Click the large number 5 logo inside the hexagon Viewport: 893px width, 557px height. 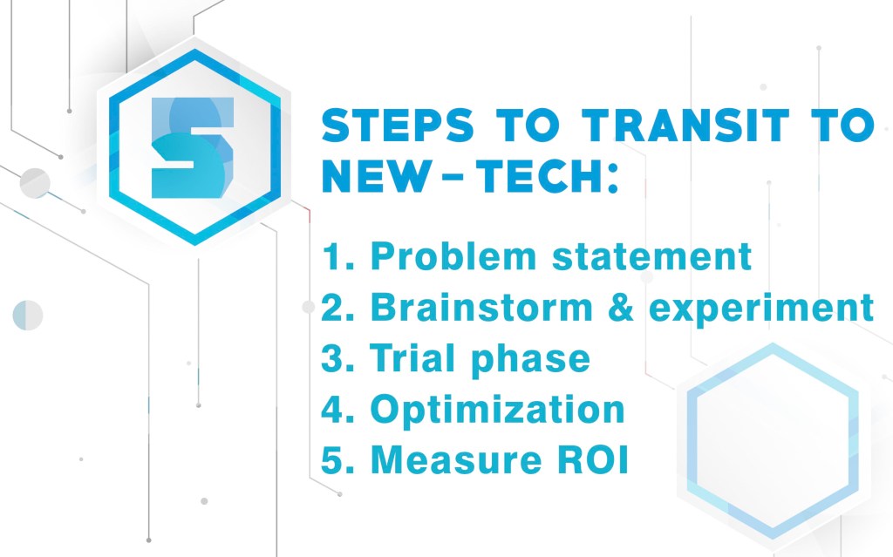pos(193,147)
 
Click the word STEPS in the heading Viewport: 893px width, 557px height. pos(398,126)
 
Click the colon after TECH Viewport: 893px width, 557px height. pos(613,179)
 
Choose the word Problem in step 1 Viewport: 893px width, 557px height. pos(453,257)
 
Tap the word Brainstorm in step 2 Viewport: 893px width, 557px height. pos(481,308)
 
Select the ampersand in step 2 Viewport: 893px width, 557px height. pos(621,308)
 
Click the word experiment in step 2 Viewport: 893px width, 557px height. pos(761,309)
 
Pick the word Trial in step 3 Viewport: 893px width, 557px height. pos(412,358)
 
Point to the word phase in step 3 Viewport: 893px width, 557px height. pos(531,361)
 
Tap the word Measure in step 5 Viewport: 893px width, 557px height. pos(456,459)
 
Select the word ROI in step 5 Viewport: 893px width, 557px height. pos(592,459)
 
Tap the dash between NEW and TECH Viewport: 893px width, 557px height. pos(453,177)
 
